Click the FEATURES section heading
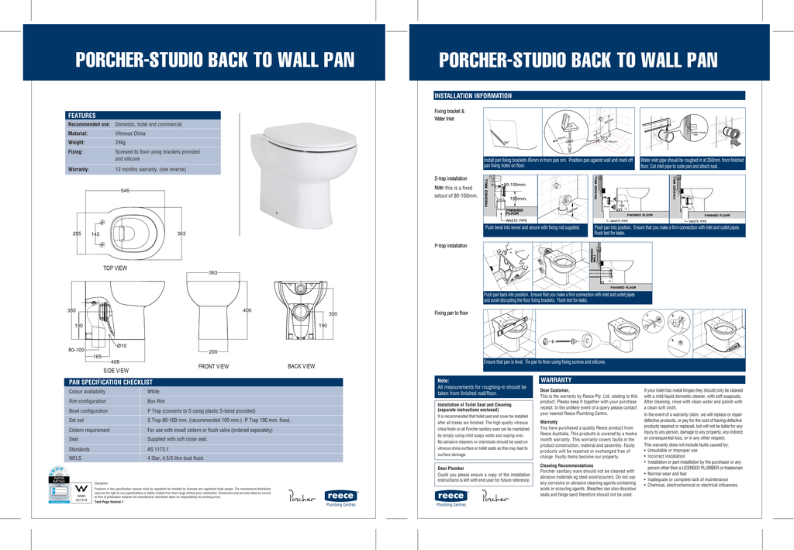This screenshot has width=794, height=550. click(x=82, y=116)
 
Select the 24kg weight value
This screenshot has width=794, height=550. click(x=120, y=143)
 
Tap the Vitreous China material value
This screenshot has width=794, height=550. click(x=130, y=133)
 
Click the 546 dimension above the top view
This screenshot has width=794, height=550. click(x=125, y=191)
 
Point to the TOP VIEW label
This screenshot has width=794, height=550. click(x=115, y=268)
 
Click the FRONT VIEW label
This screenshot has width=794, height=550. click(x=213, y=365)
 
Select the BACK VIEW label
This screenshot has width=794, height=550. click(x=301, y=365)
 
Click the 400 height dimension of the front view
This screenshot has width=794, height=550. click(x=247, y=310)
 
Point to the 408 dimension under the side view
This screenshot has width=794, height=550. click(x=115, y=361)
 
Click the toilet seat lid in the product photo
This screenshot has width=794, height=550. click(x=303, y=144)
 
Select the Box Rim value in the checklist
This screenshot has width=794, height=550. click(x=157, y=401)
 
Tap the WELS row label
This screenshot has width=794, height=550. click(x=76, y=458)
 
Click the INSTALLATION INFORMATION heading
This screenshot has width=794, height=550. click(x=473, y=95)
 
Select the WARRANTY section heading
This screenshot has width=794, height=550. click(x=556, y=379)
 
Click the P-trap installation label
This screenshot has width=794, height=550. click(x=451, y=245)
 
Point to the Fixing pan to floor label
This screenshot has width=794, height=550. click(x=451, y=313)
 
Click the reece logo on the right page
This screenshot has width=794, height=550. click(x=451, y=496)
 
